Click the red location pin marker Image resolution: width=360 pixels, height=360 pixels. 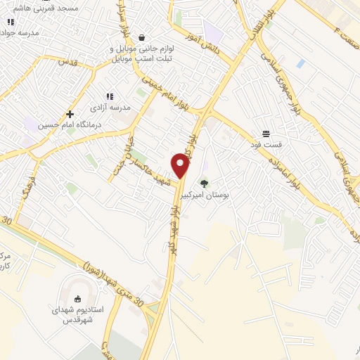coord(181,167)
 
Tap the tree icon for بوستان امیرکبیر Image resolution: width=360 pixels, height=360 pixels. coord(205,183)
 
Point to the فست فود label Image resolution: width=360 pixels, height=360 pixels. coord(268,144)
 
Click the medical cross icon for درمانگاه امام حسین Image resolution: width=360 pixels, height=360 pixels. coord(70,114)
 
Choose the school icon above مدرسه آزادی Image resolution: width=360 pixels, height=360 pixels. coord(109,96)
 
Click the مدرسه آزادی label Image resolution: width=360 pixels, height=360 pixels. coord(107,108)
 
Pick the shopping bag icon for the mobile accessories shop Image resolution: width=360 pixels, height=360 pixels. coord(142,37)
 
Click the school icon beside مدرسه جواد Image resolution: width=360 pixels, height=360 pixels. coord(10,22)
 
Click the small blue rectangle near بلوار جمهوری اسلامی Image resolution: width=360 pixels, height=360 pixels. coord(301,63)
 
